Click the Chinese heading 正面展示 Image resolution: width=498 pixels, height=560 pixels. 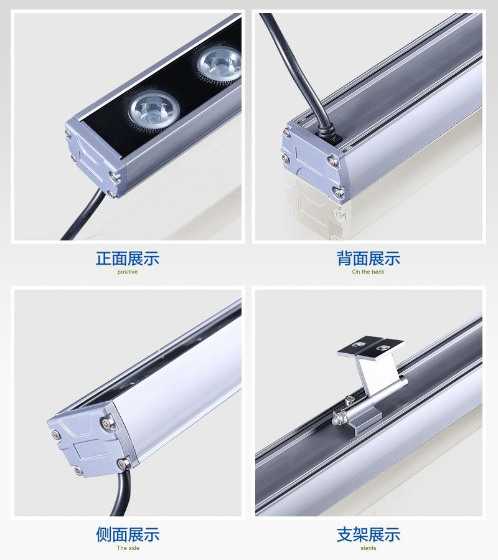point(128,258)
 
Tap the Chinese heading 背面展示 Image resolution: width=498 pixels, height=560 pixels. point(369,258)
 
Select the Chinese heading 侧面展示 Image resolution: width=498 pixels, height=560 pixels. point(128,534)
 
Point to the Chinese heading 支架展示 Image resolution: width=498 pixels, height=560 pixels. point(369,534)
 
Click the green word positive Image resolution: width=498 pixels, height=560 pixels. point(128,272)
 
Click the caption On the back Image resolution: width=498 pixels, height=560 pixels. point(369,272)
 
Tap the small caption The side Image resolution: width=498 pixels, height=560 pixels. point(128,548)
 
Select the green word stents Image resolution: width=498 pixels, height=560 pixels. point(369,548)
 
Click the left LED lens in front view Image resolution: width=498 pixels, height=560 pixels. point(153,107)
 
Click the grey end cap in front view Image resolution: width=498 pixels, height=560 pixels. point(93,156)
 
